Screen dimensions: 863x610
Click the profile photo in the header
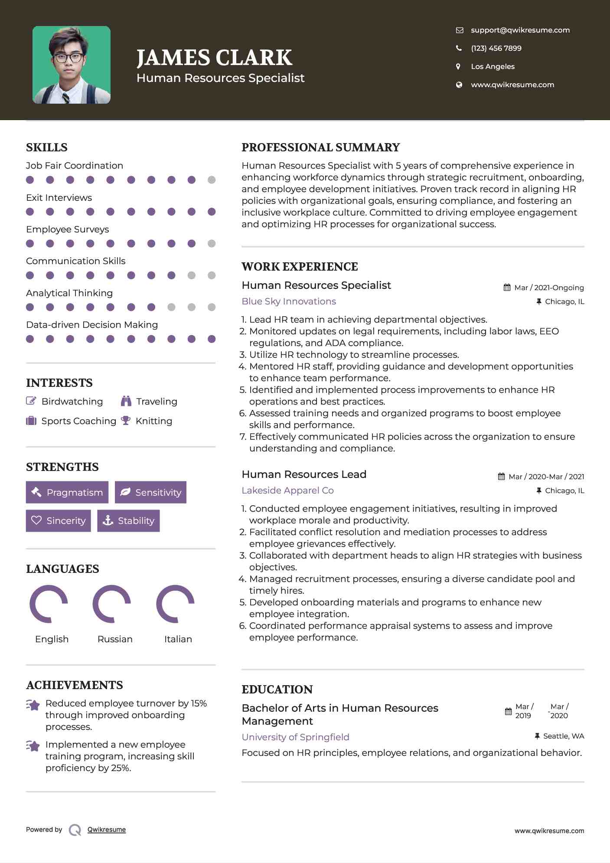(x=72, y=65)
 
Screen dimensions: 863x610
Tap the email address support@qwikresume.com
(x=520, y=30)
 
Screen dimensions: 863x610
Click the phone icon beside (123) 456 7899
(x=459, y=48)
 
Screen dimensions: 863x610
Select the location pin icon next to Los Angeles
(x=458, y=66)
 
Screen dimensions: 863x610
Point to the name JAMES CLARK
(x=214, y=58)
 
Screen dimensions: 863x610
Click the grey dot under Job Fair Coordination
(x=212, y=180)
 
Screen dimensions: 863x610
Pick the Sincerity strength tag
(x=59, y=520)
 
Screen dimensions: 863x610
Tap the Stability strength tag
(x=128, y=520)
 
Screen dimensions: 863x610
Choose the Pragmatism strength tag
(x=67, y=492)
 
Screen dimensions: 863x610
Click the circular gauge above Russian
(x=112, y=604)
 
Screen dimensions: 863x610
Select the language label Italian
(x=178, y=639)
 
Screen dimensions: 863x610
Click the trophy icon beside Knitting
(x=126, y=421)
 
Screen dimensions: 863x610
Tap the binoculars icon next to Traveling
(x=126, y=401)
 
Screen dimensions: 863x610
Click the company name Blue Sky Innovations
(x=289, y=301)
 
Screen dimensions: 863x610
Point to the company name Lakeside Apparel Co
(x=287, y=490)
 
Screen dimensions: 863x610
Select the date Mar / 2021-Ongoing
(x=548, y=288)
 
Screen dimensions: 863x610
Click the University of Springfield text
(x=295, y=737)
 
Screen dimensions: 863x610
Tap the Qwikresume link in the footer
(x=107, y=830)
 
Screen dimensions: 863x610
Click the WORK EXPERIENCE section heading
(x=300, y=267)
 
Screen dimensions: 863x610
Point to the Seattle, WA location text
(x=563, y=736)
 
